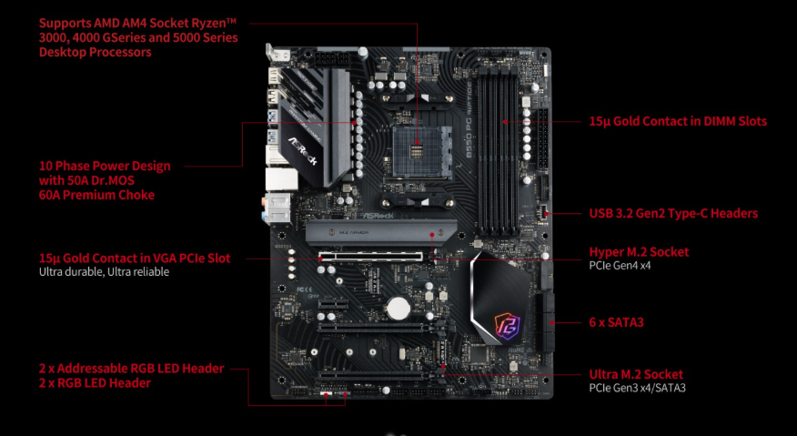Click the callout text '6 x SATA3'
[x=616, y=322]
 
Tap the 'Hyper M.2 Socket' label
[x=639, y=252]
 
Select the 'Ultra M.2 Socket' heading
[x=636, y=374]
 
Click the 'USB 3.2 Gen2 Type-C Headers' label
[x=673, y=213]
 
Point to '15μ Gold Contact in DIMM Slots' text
[x=678, y=121]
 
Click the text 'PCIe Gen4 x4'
[x=620, y=266]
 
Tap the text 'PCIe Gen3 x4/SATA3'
[x=638, y=388]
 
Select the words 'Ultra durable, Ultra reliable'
[x=105, y=271]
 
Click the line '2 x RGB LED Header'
[x=95, y=383]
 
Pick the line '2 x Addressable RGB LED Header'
[x=132, y=369]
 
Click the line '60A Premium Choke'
[x=96, y=195]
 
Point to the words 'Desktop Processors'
[x=95, y=52]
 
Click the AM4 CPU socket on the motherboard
[x=422, y=151]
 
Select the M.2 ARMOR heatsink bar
[x=381, y=233]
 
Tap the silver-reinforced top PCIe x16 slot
[x=371, y=257]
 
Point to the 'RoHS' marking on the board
[x=516, y=350]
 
